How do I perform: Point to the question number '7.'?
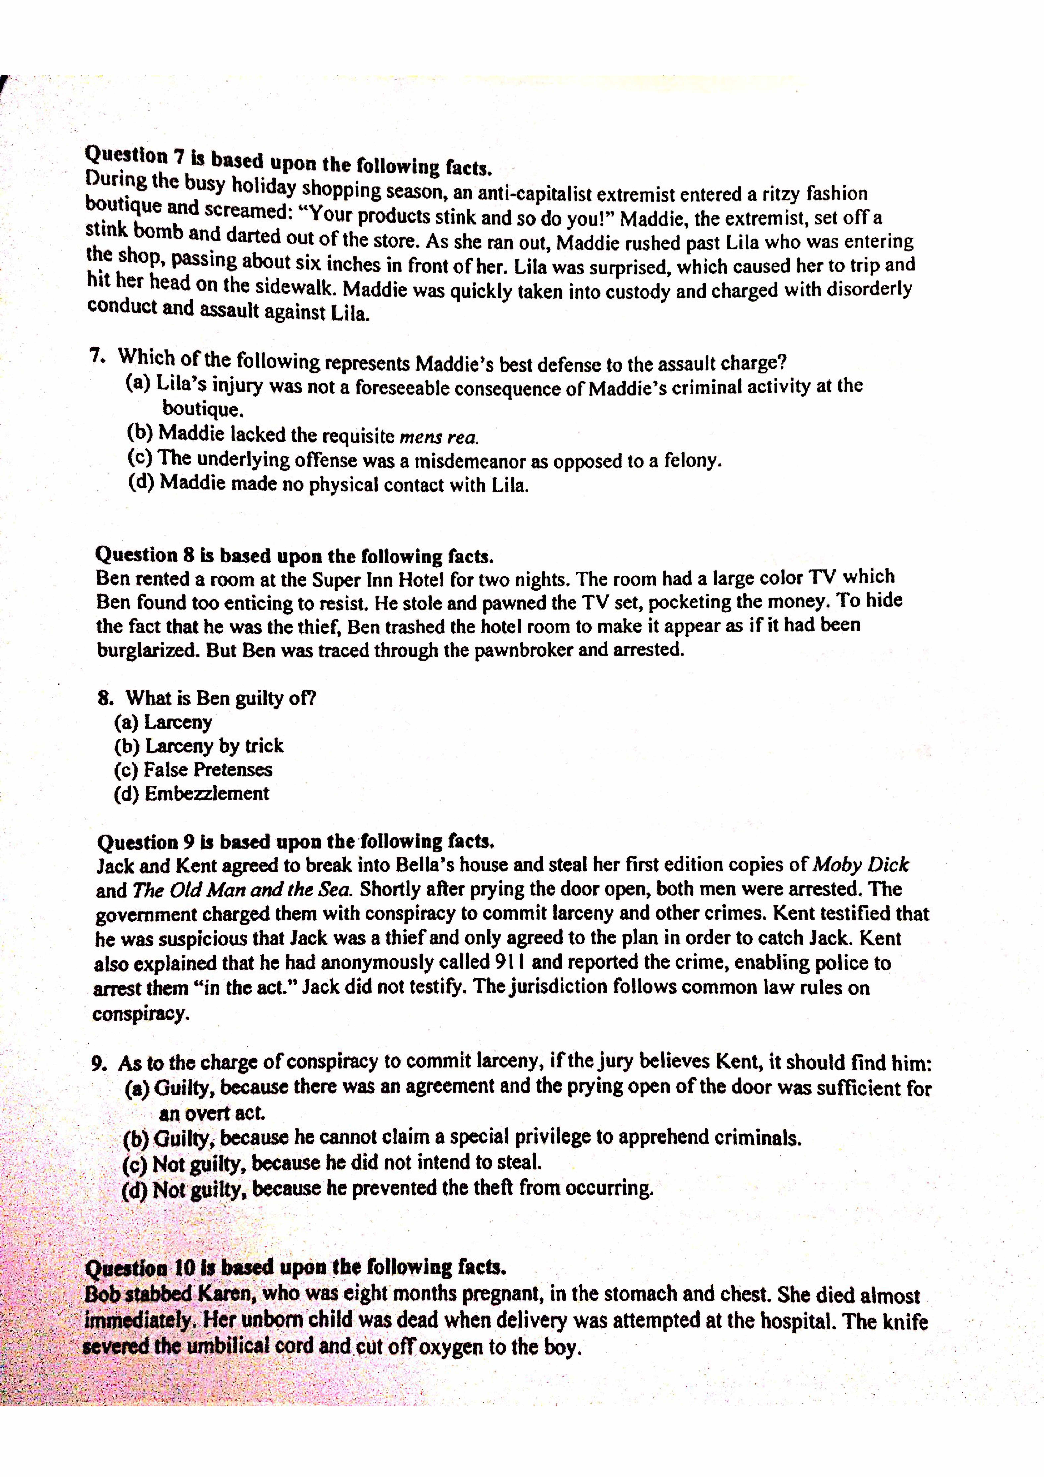pos(98,356)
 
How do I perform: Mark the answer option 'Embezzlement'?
pos(192,793)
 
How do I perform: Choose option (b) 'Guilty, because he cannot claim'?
pos(462,1137)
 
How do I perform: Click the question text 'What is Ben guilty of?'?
pos(221,698)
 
